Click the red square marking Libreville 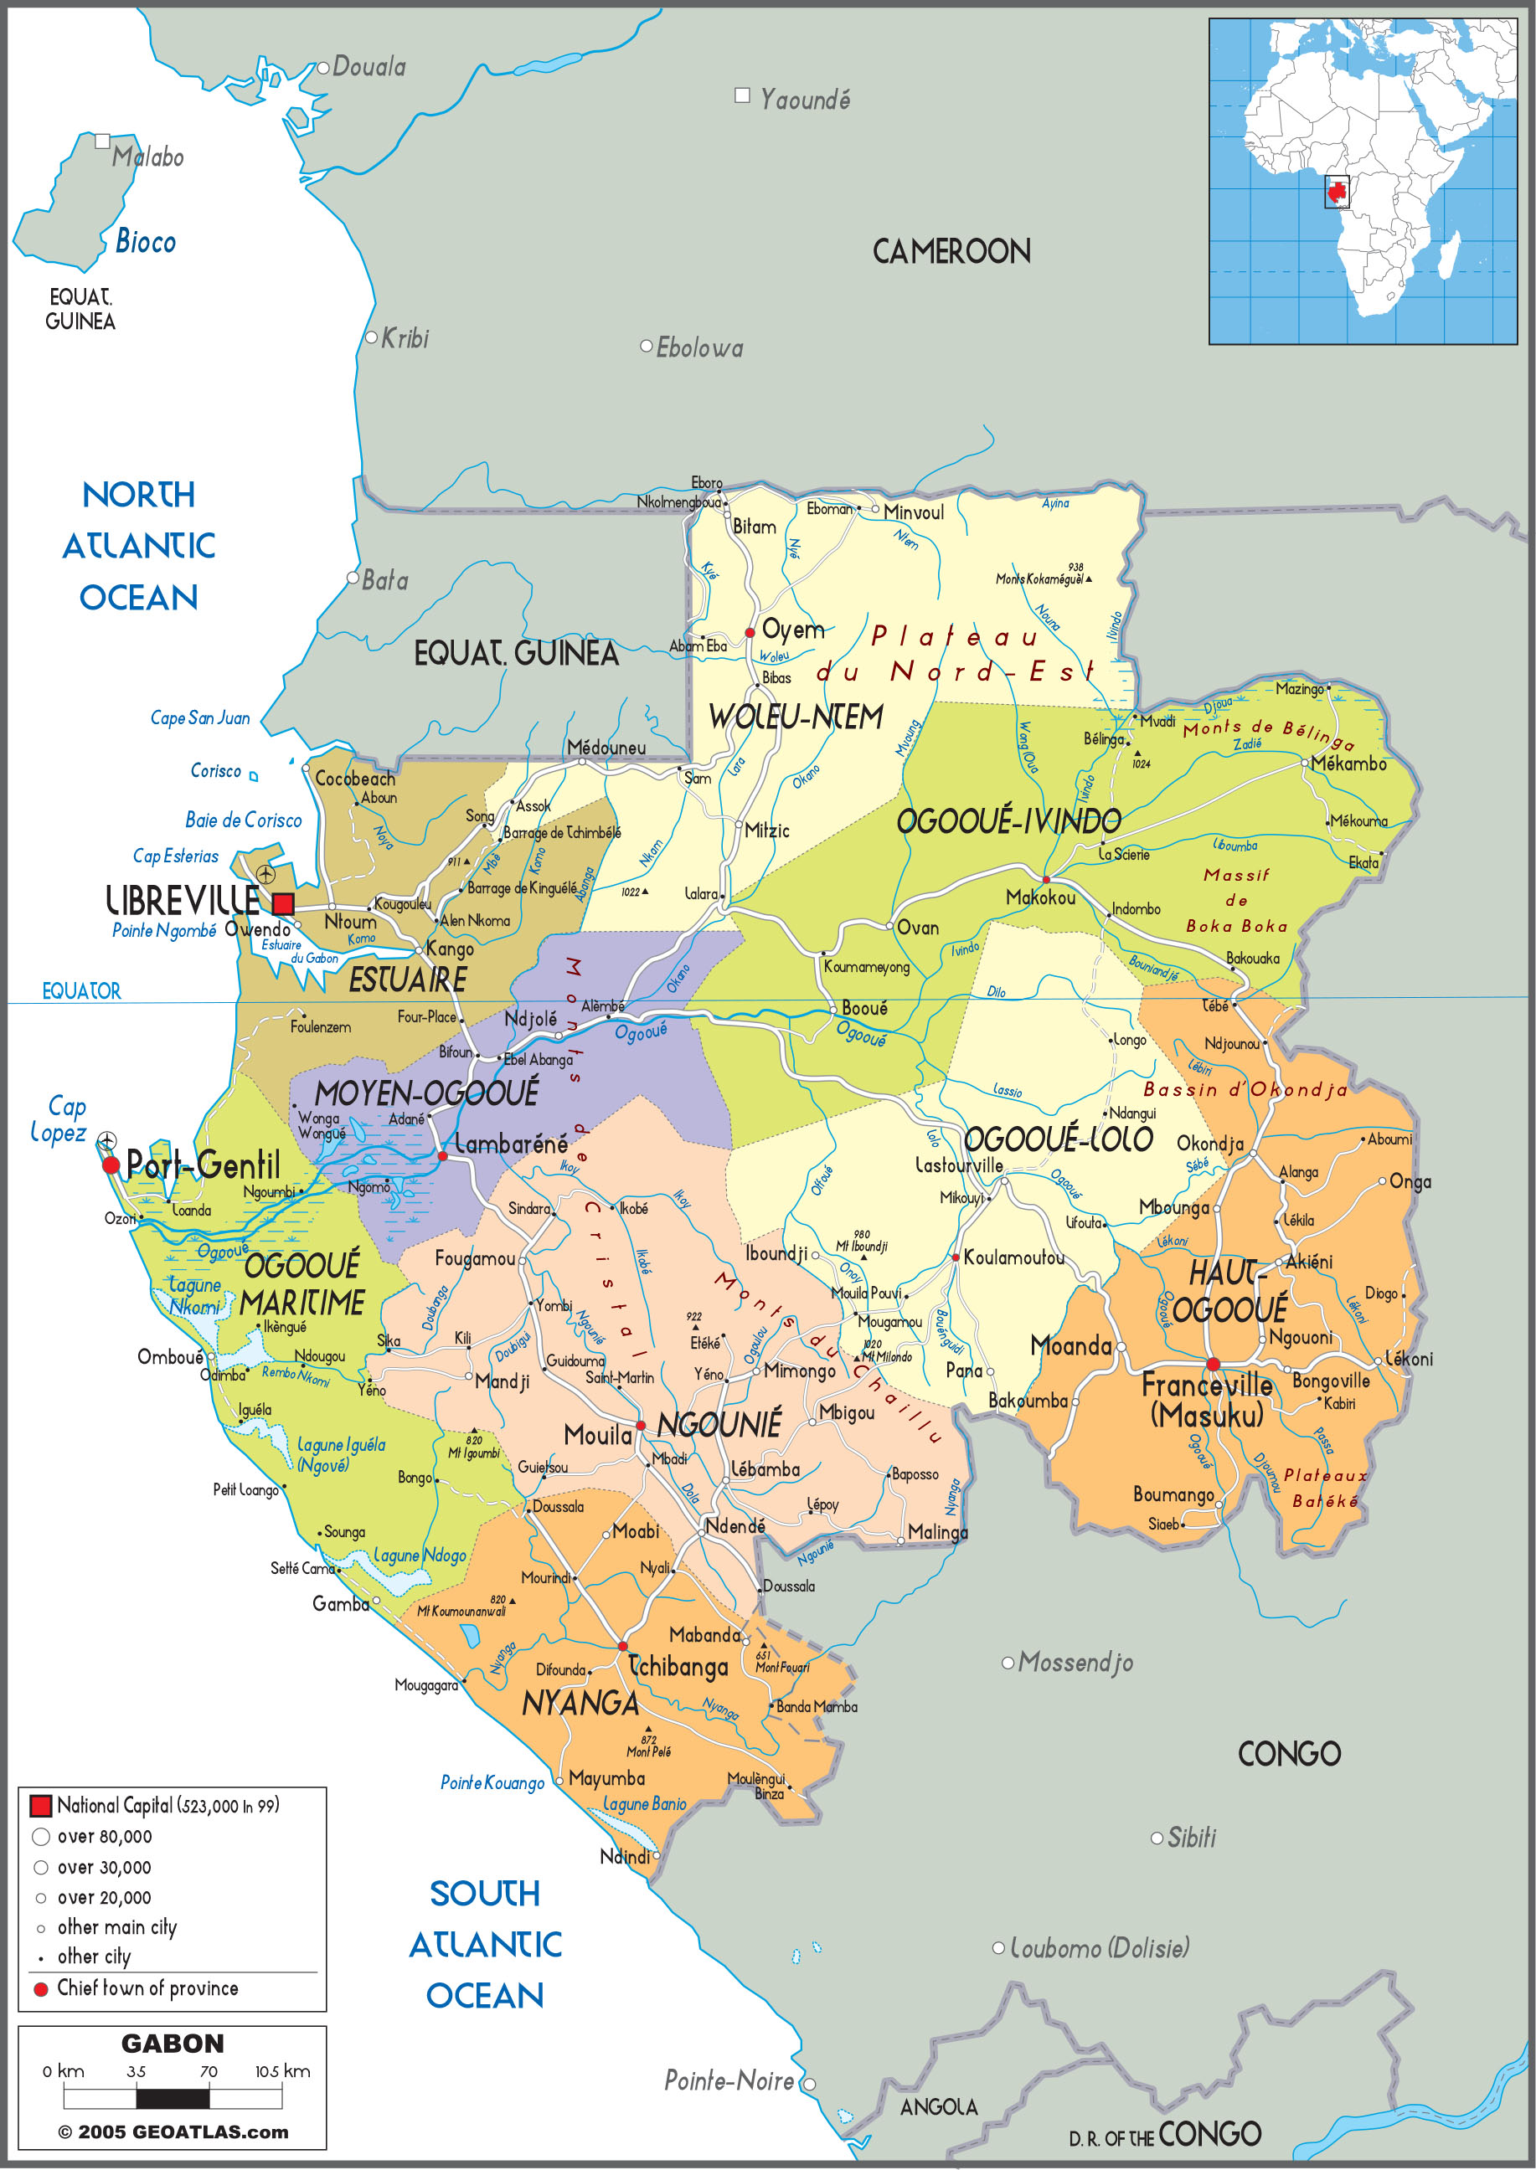point(283,903)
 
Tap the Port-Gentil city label point(204,1165)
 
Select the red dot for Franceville point(1213,1364)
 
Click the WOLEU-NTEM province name point(796,717)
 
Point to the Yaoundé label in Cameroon point(805,100)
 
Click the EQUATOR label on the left point(81,991)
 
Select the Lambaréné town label point(511,1144)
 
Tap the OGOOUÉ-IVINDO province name point(1008,820)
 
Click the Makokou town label point(1040,897)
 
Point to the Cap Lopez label point(59,1119)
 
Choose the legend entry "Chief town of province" point(147,1988)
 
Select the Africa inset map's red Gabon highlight point(1337,193)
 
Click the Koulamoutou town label point(1014,1257)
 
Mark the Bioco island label point(146,242)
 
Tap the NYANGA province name point(580,1704)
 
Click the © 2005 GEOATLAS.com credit point(173,2132)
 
